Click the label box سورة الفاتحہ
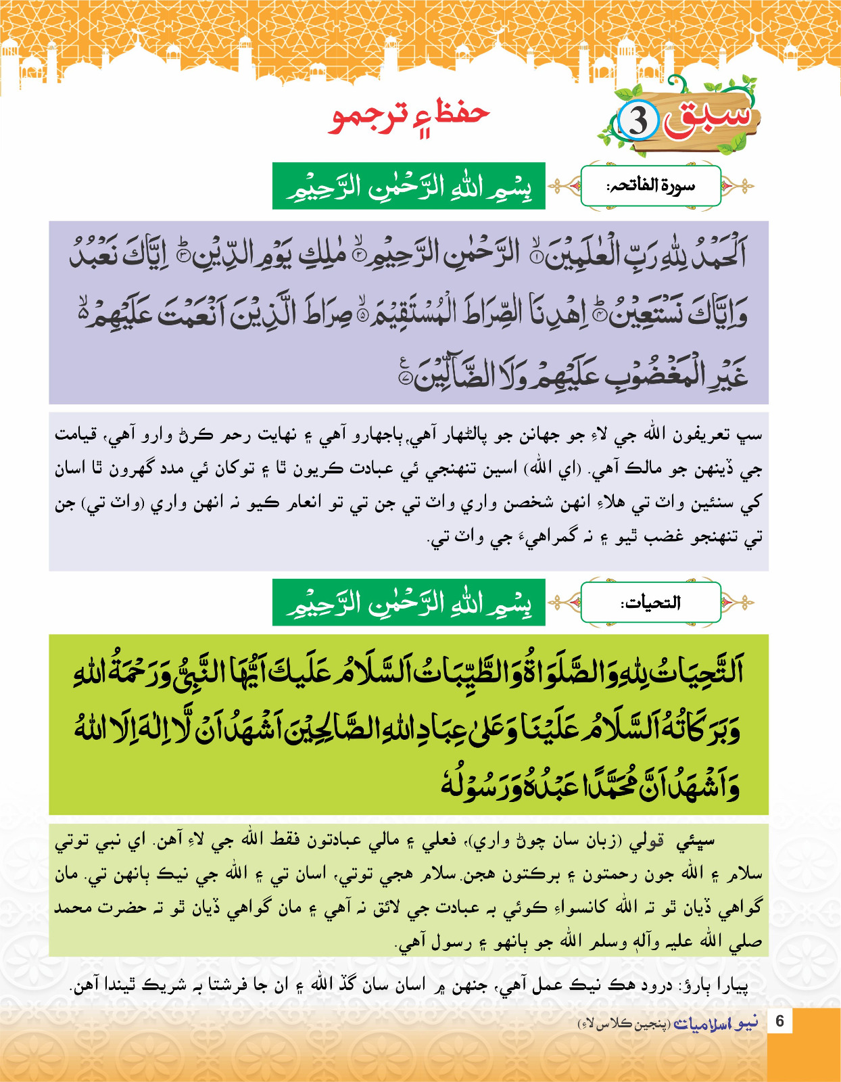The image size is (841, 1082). pyautogui.click(x=650, y=185)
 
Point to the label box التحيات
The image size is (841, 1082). pyautogui.click(x=650, y=602)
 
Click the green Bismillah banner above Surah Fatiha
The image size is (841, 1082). pyautogui.click(x=409, y=187)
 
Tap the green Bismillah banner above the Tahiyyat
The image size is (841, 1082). pyautogui.click(x=409, y=603)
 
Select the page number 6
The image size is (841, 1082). pyautogui.click(x=779, y=1021)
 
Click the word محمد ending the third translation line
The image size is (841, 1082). pyautogui.click(x=72, y=908)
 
